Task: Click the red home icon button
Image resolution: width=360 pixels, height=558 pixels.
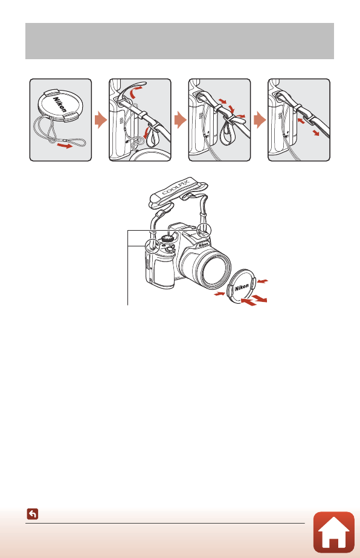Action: pos(333,532)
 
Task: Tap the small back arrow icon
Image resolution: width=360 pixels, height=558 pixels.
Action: pos(33,514)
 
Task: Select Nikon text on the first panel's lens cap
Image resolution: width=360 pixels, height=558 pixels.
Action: pos(60,104)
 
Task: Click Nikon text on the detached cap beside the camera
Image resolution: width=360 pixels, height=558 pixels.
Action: pos(242,287)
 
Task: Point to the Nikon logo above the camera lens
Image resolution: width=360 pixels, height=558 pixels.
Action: pos(203,245)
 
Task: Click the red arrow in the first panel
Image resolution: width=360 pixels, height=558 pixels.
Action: pos(66,146)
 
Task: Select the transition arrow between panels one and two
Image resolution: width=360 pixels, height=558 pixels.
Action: pos(101,120)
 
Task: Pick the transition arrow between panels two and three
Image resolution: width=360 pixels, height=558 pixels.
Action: pos(180,120)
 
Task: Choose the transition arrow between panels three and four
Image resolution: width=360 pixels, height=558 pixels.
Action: pos(260,120)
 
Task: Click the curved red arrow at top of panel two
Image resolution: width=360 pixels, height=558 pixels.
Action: pos(136,91)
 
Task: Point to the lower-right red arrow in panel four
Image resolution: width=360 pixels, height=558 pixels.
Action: pos(316,133)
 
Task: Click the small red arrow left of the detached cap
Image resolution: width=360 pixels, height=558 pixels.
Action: pos(219,294)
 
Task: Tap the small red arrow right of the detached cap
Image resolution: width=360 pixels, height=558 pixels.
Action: pos(262,281)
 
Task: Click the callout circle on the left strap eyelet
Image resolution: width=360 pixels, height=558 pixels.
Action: pos(152,246)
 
